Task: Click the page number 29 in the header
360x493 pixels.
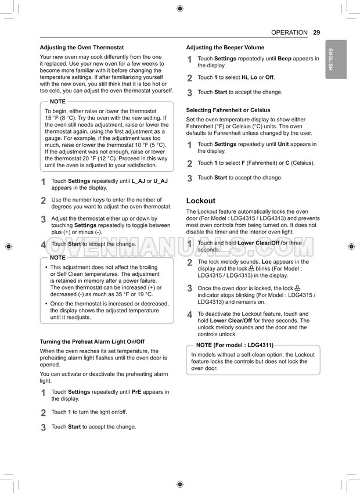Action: click(316, 33)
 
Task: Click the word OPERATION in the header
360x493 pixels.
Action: click(289, 33)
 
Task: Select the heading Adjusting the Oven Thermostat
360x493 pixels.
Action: click(81, 48)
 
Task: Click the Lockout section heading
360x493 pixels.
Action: click(200, 201)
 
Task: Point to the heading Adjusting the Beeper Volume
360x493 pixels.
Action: click(225, 48)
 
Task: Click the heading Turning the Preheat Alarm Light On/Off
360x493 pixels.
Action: click(92, 341)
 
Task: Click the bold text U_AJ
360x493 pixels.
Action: click(160, 181)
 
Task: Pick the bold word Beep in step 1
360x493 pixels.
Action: click(285, 59)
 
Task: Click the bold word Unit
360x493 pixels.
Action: click(283, 144)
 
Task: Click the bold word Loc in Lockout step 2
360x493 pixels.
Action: click(268, 262)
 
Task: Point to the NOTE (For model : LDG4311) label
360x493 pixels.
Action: click(231, 345)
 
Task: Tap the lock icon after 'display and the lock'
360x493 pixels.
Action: click(251, 269)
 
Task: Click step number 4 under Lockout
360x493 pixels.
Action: click(189, 315)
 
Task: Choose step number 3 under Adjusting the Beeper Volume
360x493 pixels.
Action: click(189, 92)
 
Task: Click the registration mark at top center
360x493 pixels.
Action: click(179, 9)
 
